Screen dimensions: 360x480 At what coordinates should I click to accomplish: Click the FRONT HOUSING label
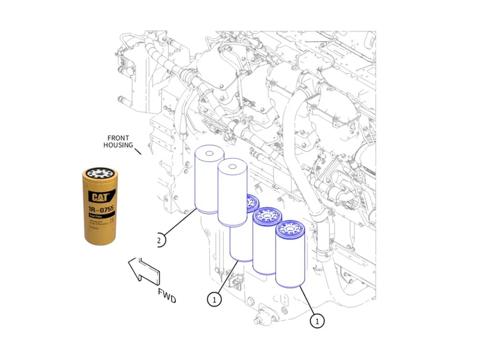click(x=118, y=141)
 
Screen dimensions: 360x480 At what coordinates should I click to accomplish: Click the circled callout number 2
click(x=159, y=240)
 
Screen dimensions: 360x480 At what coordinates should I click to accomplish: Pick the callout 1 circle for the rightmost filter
click(x=317, y=320)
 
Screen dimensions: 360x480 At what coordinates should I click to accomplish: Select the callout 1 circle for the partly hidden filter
click(x=214, y=299)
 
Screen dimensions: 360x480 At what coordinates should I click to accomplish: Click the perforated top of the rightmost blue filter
click(x=290, y=228)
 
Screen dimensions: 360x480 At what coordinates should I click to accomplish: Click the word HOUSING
click(x=118, y=145)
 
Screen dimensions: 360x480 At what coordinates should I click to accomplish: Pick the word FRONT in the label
click(x=118, y=138)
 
